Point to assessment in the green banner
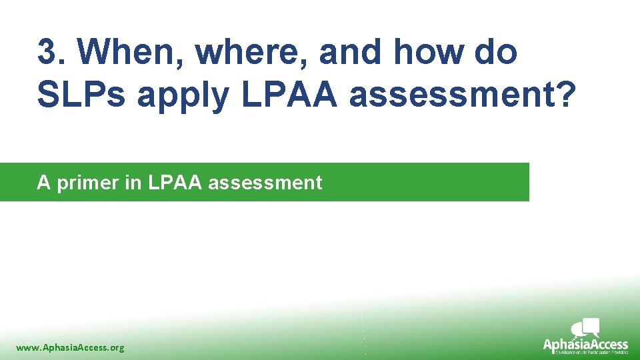pos(265,182)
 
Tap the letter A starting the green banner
pos(44,182)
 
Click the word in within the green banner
pos(133,182)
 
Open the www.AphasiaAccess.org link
pos(70,347)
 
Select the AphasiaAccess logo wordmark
pos(585,344)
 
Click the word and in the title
pos(353,52)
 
